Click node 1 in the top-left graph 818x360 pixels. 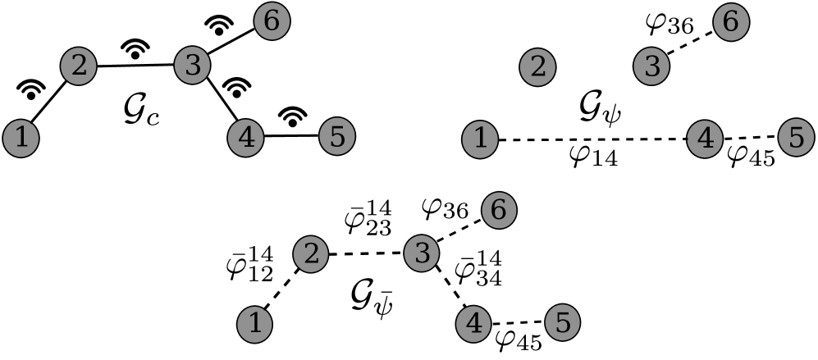pos(21,138)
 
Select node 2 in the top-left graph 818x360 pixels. pos(79,66)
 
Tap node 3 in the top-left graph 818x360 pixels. pos(192,66)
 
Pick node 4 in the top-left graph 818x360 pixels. pos(245,138)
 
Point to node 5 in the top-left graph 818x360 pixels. pos(336,137)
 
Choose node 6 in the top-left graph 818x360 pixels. pos(272,22)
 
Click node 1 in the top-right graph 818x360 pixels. pos(480,139)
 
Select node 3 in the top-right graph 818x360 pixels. pos(651,66)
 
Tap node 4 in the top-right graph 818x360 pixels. pos(704,139)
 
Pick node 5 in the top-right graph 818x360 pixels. pos(796,138)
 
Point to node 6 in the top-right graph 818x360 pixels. pos(731,23)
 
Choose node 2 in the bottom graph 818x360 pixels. pos(311,253)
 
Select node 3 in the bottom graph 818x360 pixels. pos(422,253)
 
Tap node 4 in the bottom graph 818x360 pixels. pos(473,325)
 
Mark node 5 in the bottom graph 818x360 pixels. pos(563,323)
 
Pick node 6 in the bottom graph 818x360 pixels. pos(498,211)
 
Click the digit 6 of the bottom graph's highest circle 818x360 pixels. pos(498,211)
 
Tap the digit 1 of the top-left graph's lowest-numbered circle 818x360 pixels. pos(21,138)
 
